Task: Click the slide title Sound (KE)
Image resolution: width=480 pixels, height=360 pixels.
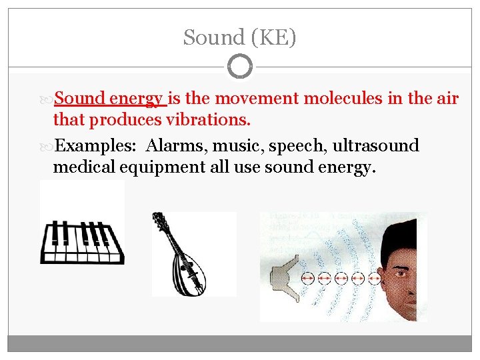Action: tap(240, 37)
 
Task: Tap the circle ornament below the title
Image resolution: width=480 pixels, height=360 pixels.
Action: tap(240, 67)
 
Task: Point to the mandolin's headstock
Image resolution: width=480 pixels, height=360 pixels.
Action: tap(159, 219)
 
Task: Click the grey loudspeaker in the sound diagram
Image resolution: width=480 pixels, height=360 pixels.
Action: tap(283, 277)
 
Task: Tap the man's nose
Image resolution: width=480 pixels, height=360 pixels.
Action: tap(411, 283)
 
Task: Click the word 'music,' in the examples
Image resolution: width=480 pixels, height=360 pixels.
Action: tap(236, 145)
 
